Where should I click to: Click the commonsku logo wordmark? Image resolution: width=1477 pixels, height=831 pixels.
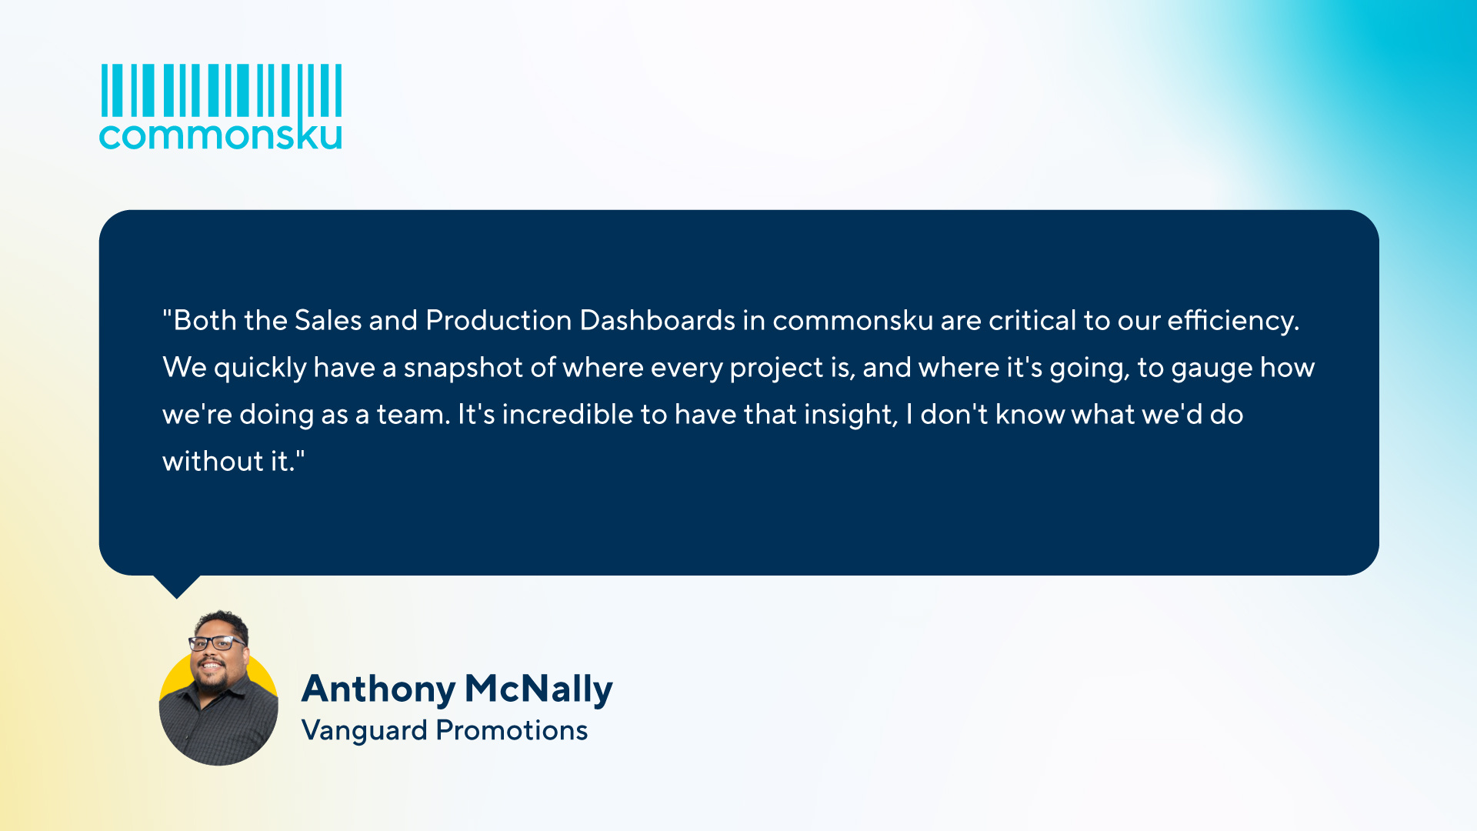220,136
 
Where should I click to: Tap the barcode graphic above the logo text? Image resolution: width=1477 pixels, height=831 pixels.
222,90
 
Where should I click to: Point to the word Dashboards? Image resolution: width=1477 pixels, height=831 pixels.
658,320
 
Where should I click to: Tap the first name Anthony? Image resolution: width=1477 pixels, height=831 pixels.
378,689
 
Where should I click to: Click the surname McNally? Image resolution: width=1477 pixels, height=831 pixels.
538,689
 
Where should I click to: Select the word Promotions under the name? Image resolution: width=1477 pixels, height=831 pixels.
512,730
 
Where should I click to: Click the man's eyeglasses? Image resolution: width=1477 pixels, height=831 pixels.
217,642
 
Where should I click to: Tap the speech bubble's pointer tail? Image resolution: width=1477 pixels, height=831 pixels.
177,586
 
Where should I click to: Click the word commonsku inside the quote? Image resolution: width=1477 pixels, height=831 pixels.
852,320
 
